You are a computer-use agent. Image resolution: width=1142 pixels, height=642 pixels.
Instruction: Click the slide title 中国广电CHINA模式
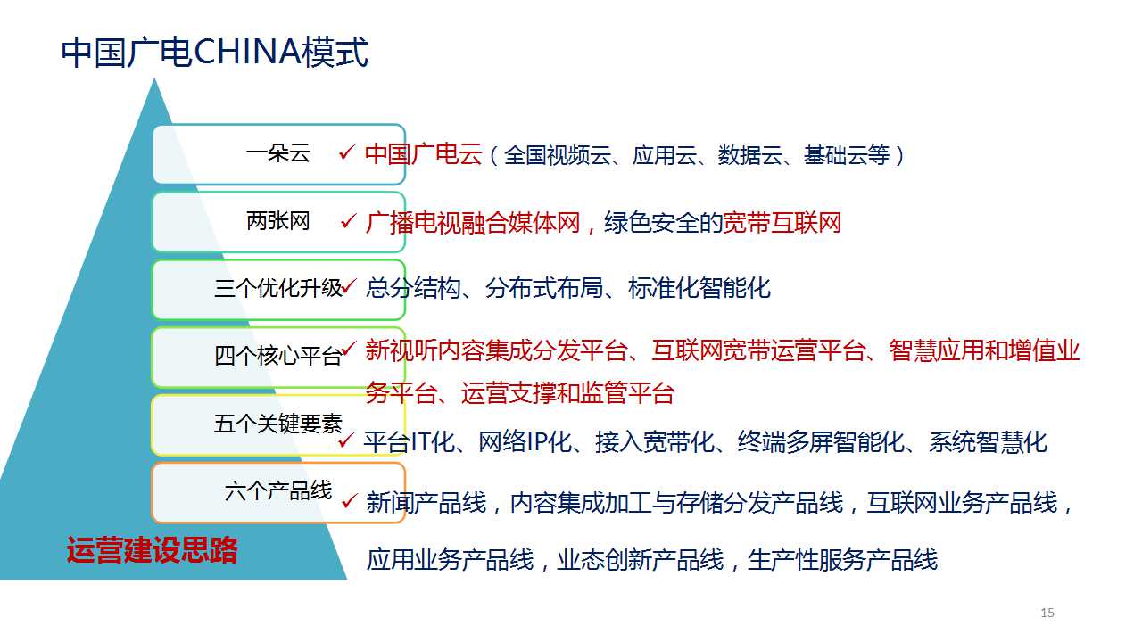214,52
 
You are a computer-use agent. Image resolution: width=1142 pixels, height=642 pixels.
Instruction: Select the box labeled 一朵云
278,154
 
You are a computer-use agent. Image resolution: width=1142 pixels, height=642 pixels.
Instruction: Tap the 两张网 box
278,222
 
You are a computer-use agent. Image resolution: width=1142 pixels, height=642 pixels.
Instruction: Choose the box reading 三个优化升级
278,290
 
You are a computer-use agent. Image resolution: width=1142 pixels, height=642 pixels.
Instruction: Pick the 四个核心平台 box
278,357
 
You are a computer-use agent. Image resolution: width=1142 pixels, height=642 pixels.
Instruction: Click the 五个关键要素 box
278,424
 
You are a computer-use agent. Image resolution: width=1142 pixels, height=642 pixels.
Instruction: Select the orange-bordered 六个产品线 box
278,492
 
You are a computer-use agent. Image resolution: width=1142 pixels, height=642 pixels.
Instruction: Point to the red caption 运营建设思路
152,550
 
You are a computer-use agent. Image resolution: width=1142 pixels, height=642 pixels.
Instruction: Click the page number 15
1047,613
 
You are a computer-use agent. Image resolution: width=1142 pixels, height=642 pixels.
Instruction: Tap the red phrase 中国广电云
424,154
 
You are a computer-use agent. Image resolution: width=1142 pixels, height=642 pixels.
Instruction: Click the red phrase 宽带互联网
782,223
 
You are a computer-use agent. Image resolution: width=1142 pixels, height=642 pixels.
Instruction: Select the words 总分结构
413,288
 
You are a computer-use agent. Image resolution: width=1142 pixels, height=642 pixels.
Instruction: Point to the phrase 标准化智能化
699,288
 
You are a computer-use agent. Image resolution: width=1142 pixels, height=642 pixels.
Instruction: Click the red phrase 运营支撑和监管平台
568,393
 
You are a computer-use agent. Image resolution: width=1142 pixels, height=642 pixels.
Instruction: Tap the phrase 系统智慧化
988,441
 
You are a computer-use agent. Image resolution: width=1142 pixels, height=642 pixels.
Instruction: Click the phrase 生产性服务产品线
842,559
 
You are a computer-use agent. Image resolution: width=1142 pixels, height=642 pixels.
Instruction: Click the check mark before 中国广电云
347,152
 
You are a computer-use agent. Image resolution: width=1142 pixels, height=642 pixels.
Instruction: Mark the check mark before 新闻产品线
349,500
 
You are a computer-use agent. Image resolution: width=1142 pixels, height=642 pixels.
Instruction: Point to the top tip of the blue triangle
154,78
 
